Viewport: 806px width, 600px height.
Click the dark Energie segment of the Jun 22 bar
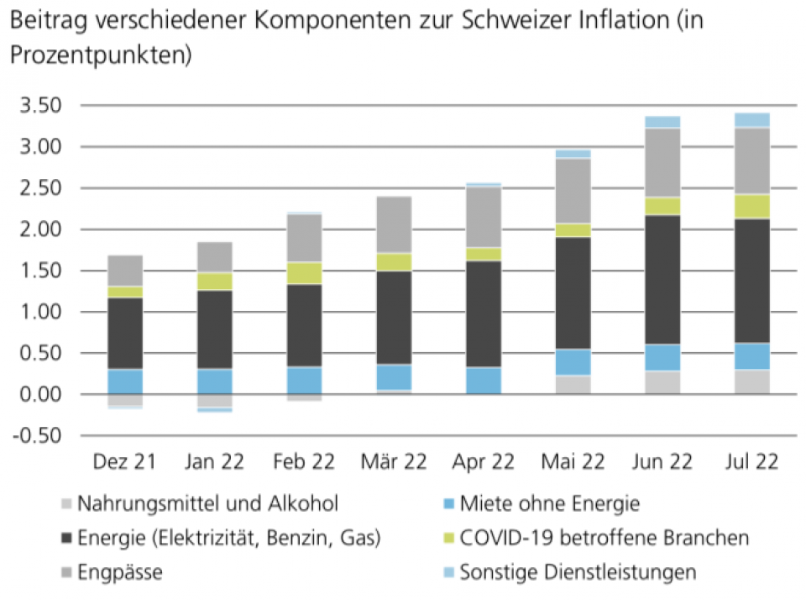point(662,280)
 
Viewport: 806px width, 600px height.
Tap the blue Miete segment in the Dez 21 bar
point(125,381)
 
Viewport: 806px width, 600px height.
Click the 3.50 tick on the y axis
point(41,106)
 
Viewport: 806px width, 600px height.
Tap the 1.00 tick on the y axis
point(41,312)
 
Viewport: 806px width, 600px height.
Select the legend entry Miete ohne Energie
point(549,504)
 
